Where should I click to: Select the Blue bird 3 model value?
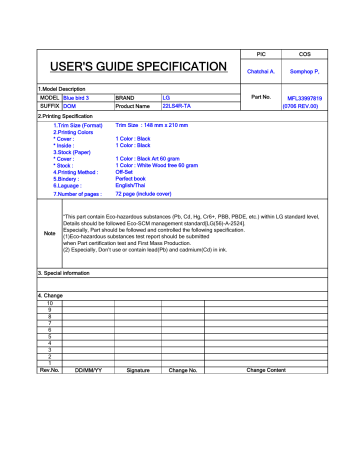[84, 97]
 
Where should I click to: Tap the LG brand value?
[166, 97]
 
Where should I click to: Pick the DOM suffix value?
[70, 106]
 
